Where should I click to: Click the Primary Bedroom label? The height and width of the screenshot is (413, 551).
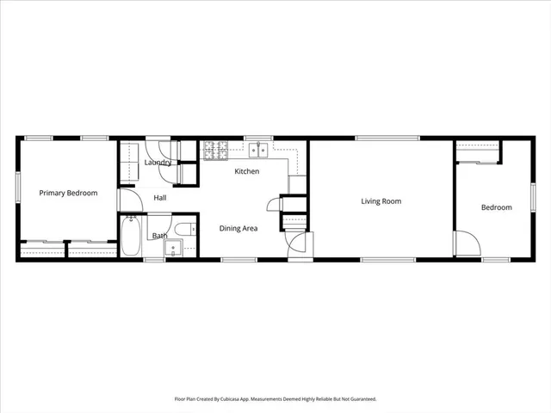68,193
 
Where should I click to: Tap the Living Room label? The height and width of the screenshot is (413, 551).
381,201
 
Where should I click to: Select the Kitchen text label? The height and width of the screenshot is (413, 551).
247,171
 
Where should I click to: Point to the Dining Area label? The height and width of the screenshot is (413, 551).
238,228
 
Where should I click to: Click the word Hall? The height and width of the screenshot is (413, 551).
160,198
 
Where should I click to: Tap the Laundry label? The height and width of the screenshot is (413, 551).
158,162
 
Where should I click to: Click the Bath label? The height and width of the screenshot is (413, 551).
160,236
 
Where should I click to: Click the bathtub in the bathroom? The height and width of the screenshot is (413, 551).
131,236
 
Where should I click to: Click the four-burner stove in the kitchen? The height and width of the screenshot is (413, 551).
215,151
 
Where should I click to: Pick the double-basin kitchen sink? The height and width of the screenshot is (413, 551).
257,151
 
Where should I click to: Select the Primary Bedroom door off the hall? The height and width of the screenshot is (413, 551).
129,200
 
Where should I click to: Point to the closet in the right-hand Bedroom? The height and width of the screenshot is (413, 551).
478,152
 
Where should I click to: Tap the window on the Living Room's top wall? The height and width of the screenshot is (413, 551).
381,138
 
